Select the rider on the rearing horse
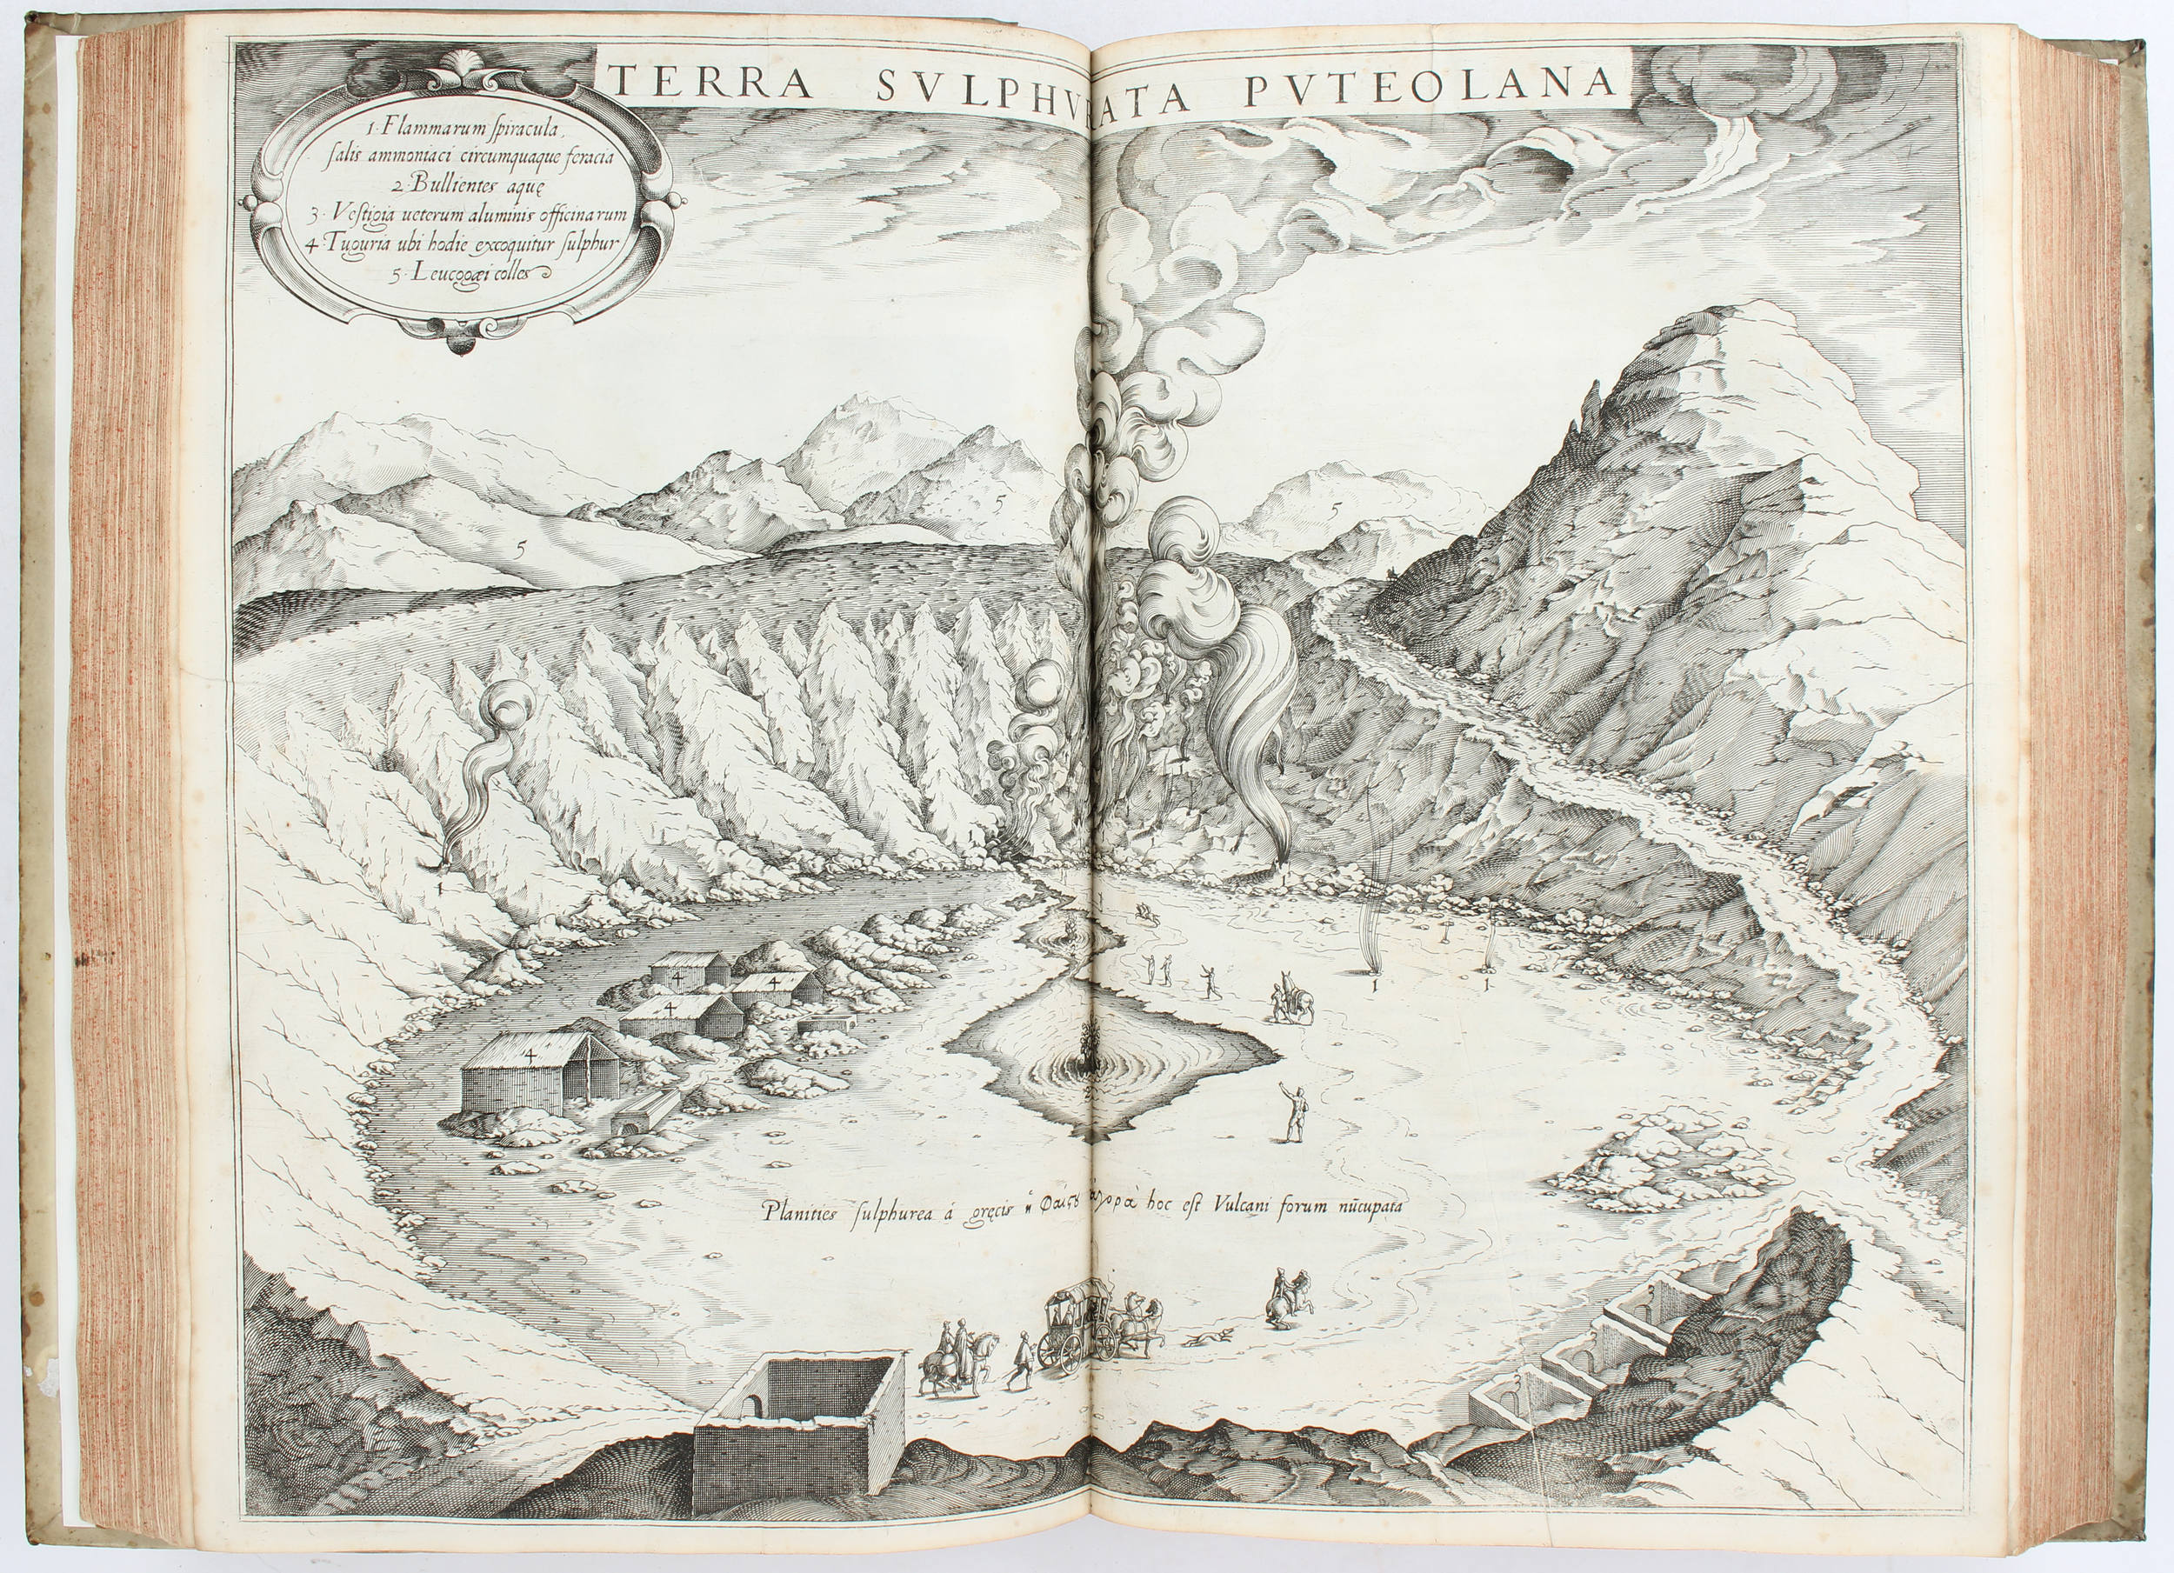pos(1286,1296)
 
